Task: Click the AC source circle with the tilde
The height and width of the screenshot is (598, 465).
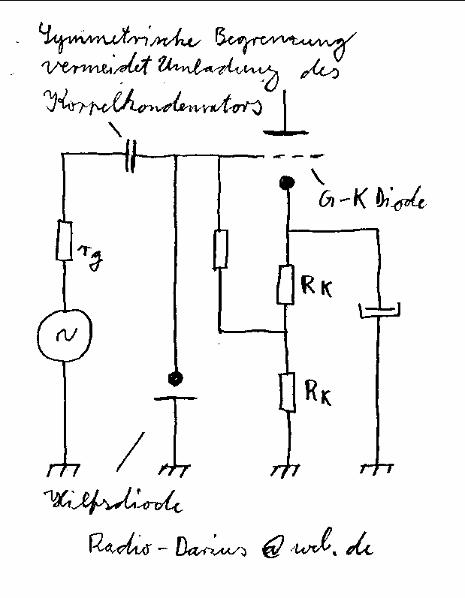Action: tap(64, 333)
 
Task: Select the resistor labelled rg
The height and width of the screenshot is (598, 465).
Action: tap(65, 240)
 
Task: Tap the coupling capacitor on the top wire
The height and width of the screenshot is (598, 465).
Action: tap(130, 156)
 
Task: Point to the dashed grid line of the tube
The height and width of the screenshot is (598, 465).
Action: tap(297, 158)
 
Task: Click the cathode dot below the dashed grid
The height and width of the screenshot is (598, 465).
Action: tap(285, 182)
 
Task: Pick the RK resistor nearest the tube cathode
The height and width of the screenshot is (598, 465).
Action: tap(286, 284)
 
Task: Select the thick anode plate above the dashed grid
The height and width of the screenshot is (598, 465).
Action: tap(285, 134)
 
